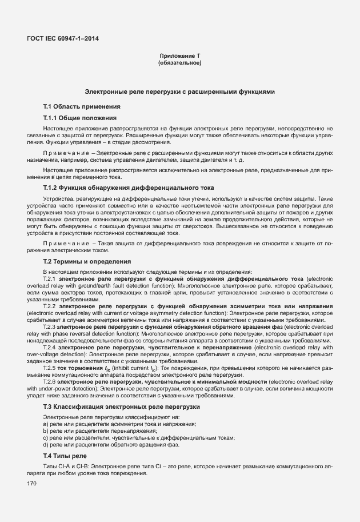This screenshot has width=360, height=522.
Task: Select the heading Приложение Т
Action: [179, 55]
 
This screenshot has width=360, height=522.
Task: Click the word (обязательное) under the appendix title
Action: [179, 62]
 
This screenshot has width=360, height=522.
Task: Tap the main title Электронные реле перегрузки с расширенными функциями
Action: [180, 91]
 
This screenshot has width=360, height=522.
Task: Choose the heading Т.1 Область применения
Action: [82, 106]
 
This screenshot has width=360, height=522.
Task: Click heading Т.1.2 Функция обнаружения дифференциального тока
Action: [121, 188]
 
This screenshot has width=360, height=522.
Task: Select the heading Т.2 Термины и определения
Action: [87, 261]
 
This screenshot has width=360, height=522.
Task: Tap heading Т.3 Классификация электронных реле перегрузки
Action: [122, 407]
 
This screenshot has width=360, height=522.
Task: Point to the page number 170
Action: [32, 484]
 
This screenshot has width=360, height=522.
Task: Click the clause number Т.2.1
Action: [49, 278]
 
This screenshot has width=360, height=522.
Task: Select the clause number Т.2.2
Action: [49, 306]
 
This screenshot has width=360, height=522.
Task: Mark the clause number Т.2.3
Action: [49, 326]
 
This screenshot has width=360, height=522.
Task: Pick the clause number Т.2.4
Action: [49, 347]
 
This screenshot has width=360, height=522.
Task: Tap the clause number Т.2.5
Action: [49, 368]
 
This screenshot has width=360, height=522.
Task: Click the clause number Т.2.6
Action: [49, 381]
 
